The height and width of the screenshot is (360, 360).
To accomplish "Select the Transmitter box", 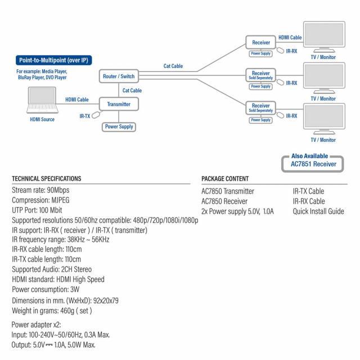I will click(119, 104).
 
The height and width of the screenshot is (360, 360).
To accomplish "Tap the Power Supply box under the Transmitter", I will click(119, 127).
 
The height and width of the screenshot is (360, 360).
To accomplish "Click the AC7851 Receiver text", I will click(313, 164).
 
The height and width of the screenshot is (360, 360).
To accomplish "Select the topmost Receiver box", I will click(261, 42).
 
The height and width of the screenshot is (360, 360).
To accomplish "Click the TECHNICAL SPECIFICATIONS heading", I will click(47, 179).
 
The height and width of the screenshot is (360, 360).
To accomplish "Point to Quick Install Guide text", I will click(318, 211).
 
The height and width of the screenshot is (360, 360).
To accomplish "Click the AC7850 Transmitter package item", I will click(228, 191).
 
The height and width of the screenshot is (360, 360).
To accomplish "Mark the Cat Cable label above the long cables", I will click(173, 66).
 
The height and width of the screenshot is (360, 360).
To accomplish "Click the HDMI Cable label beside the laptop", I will click(77, 100).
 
